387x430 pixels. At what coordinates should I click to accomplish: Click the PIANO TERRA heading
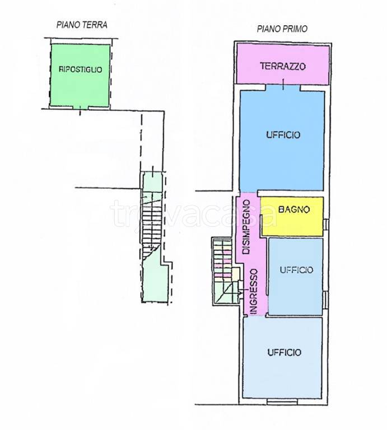82,25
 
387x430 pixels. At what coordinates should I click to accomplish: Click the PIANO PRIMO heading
282,29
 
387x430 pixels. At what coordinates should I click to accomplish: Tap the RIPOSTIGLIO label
80,69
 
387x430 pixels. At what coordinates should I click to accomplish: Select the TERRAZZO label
283,66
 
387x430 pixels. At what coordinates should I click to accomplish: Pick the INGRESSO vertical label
254,292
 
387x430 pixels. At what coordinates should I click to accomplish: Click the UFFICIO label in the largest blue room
283,134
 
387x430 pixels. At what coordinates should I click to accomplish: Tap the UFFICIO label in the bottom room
284,352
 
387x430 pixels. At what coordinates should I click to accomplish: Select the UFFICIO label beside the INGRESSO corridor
296,270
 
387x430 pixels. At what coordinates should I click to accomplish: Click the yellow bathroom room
292,216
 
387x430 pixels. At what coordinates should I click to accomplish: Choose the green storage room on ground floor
80,76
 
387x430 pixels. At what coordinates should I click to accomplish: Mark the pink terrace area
283,65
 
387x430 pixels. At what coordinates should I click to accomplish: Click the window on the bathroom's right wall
325,225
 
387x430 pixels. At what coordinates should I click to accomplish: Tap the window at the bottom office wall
282,401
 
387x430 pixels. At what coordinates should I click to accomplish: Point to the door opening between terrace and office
283,87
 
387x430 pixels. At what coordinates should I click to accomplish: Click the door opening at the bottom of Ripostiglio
80,107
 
